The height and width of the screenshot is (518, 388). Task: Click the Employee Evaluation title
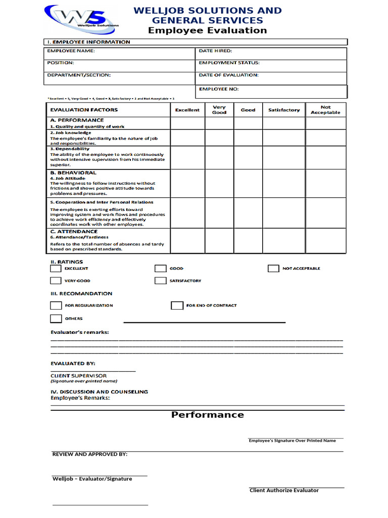point(207,30)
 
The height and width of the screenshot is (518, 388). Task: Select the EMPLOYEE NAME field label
point(71,51)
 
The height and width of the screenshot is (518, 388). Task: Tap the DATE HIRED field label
point(215,51)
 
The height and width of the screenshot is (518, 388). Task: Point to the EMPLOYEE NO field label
point(219,89)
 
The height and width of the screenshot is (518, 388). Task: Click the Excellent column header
point(187,110)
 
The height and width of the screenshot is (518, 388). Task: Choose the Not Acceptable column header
point(325,110)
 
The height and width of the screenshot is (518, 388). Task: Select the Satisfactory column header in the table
point(283,110)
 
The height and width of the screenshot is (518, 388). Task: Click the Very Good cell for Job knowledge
point(219,138)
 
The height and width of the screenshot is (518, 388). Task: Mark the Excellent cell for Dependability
point(187,157)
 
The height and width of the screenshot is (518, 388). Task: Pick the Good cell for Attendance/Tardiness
point(248,240)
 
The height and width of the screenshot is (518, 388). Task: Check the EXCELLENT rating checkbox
point(56,269)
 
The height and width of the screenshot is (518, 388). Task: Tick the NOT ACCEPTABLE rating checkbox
point(273,269)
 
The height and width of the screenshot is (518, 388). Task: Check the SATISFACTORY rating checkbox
point(160,281)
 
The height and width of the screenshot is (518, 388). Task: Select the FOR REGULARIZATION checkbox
point(56,306)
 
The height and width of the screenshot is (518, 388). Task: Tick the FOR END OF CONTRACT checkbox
point(177,306)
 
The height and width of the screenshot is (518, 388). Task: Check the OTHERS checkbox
point(56,319)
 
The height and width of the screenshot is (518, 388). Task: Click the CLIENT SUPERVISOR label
point(78,376)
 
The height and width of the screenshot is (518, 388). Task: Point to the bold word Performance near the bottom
point(207,415)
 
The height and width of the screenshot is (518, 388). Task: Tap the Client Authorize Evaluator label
point(284,490)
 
